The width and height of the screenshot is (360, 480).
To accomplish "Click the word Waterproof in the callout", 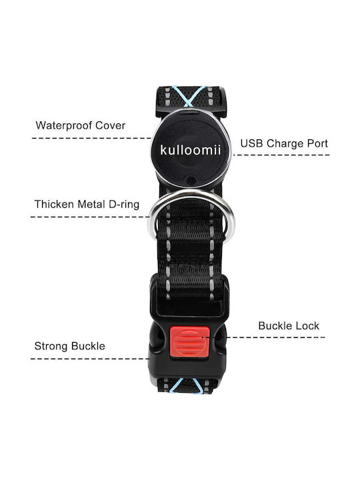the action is click(64, 125).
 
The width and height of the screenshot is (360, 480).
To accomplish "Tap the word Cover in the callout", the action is click(110, 125).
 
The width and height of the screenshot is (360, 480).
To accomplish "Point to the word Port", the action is click(315, 143).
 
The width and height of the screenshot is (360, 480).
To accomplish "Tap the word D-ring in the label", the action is click(124, 205).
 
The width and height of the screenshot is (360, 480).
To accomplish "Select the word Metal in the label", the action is click(91, 204).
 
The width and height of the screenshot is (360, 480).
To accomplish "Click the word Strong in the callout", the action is click(51, 346).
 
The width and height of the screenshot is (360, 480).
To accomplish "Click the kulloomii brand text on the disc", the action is click(191, 150).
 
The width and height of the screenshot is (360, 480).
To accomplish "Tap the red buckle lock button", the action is click(189, 342).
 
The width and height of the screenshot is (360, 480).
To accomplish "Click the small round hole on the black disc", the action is click(191, 179).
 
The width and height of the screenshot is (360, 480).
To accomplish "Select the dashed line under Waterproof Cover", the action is click(92, 138).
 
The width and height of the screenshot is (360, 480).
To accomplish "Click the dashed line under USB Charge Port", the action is click(281, 155).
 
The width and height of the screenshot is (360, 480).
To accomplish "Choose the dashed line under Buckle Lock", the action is click(266, 337).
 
